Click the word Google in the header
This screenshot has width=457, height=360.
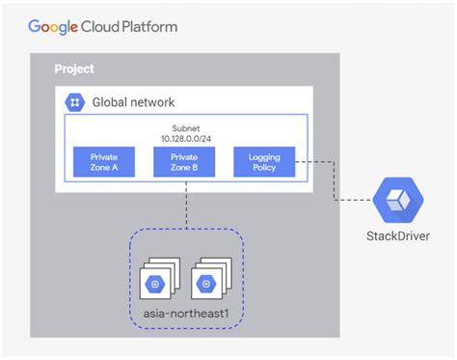(54, 26)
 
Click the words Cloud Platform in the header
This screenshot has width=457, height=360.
(130, 26)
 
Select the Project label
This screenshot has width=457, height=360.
(73, 70)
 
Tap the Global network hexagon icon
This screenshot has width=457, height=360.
(74, 102)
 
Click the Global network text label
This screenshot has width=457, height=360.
(134, 102)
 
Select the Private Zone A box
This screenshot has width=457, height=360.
(103, 161)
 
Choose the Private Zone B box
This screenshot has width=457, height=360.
(183, 161)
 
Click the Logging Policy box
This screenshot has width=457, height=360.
(263, 161)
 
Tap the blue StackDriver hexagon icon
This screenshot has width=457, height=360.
(394, 201)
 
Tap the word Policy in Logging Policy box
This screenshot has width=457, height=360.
(263, 168)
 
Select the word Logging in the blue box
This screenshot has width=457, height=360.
(263, 155)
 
